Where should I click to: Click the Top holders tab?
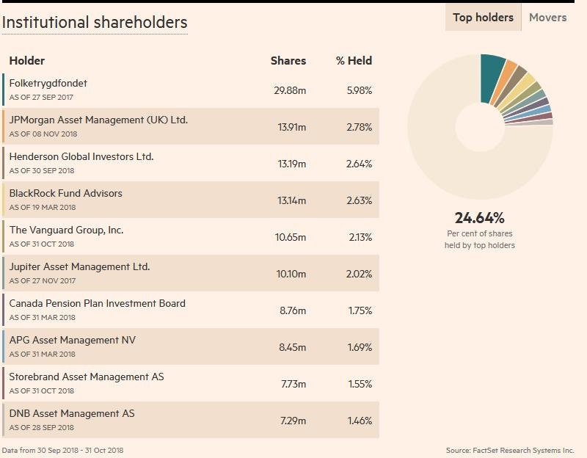pos(483,18)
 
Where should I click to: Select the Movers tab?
pos(547,18)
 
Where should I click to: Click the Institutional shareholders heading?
pos(95,23)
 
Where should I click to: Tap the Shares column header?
pos(288,61)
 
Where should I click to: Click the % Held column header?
pos(354,61)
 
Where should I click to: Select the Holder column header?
pos(27,61)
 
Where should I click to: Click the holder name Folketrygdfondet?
pos(48,84)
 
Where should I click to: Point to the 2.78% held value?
pos(359,127)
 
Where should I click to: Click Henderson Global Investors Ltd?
pos(81,157)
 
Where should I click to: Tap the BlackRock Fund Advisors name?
pos(66,194)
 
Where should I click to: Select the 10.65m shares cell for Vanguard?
pos(291,237)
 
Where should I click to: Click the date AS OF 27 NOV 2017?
pos(43,281)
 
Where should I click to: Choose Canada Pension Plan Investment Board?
pos(97,304)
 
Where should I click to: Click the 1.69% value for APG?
pos(359,347)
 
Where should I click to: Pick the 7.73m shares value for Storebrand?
pos(293,384)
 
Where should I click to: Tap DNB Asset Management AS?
pos(72,414)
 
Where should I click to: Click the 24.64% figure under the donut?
pos(479,218)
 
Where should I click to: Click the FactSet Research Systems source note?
pos(509,450)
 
